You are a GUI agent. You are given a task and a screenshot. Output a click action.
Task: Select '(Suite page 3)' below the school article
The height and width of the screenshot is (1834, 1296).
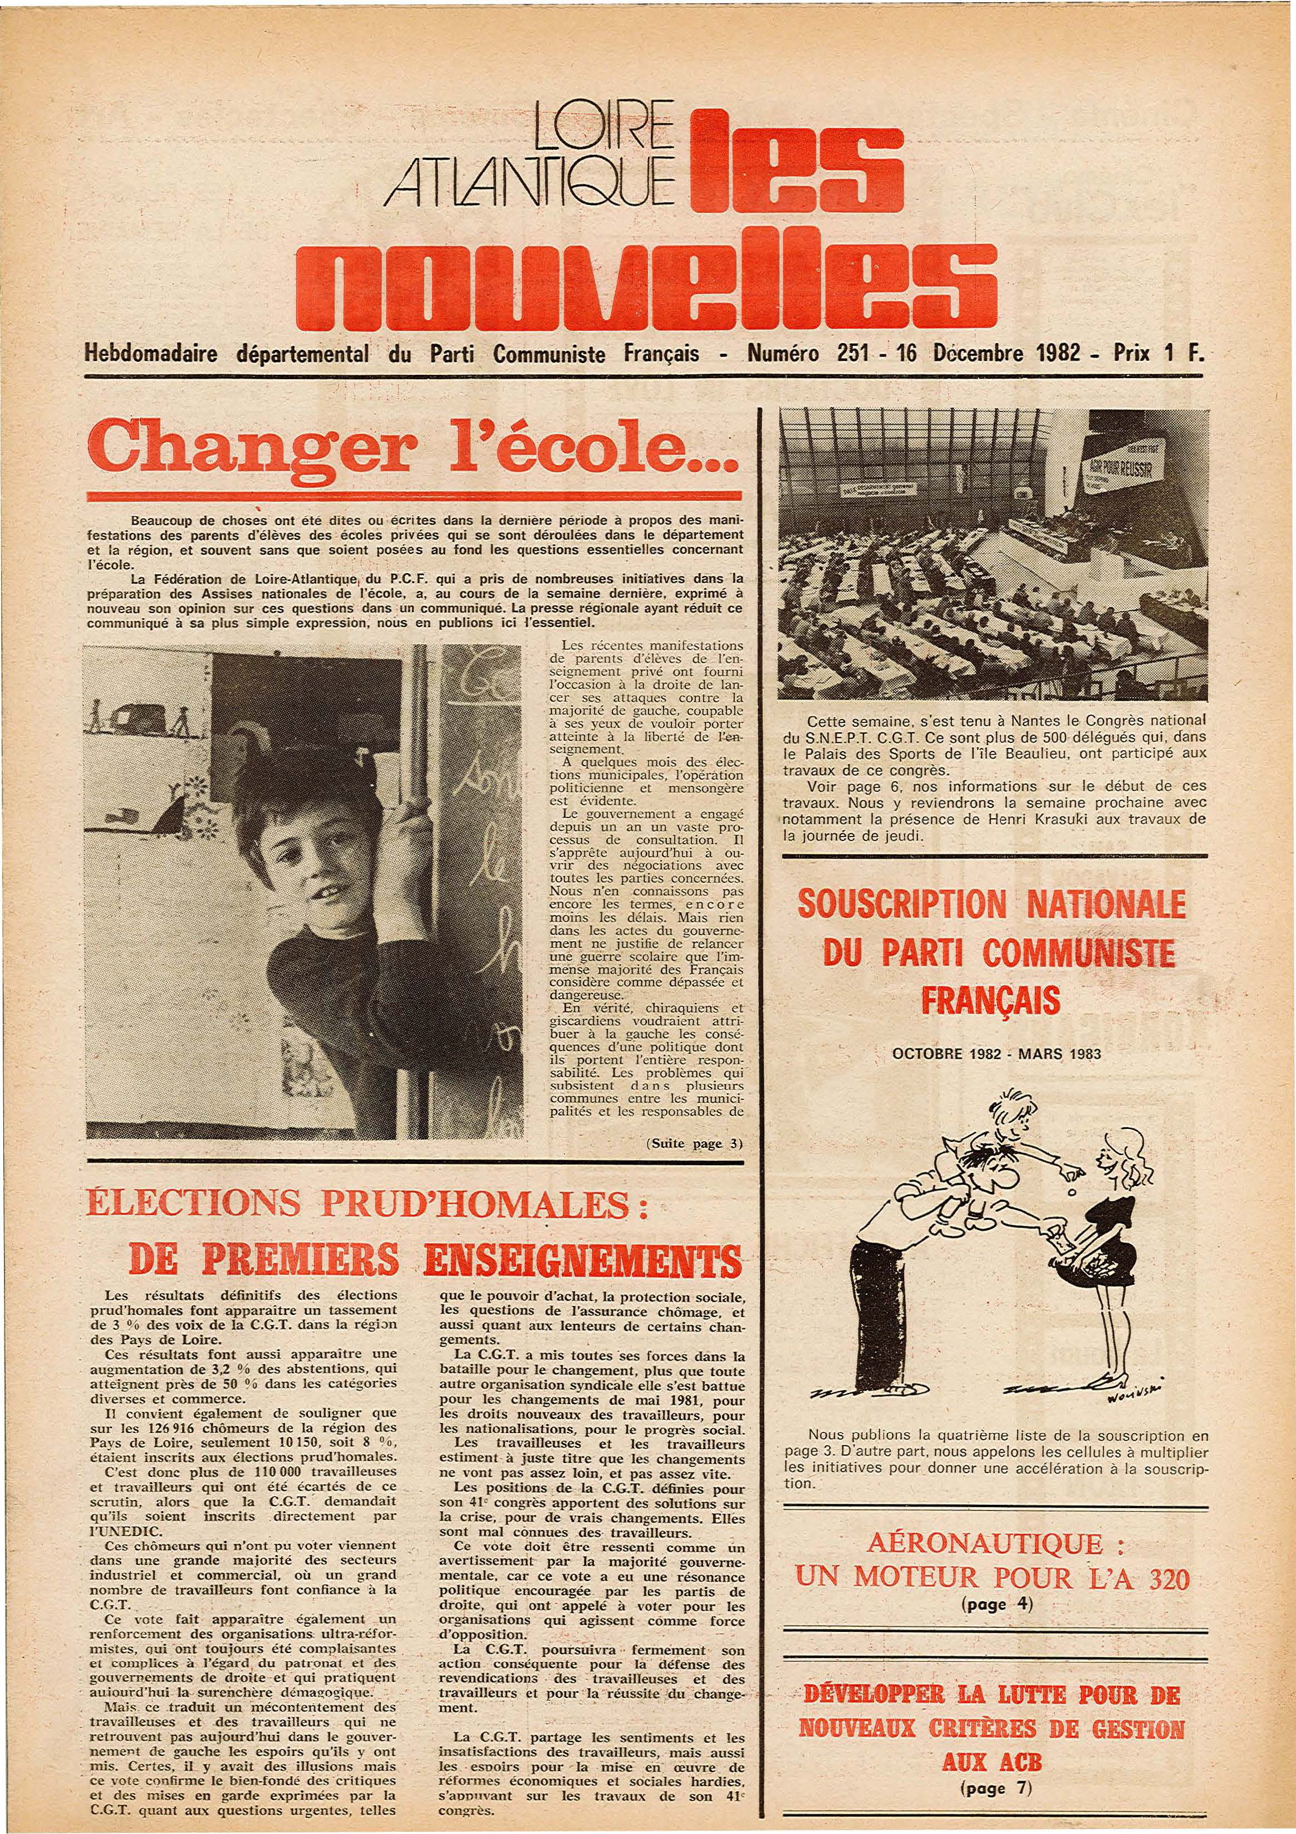point(693,1143)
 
